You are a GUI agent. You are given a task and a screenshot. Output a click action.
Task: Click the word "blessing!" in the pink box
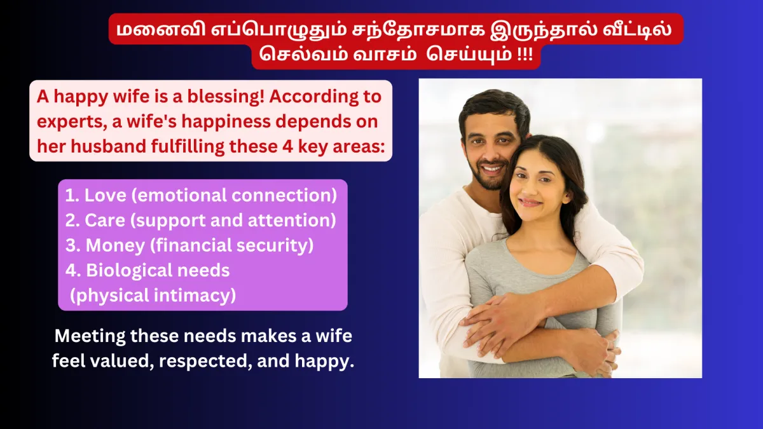coord(226,97)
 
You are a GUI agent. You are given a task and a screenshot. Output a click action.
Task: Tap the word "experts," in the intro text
coord(72,122)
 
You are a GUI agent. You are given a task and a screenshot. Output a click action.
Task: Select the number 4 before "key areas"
coord(287,146)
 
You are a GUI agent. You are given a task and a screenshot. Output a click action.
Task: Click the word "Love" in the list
coord(106,195)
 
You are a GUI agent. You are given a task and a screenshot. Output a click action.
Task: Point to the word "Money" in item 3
coord(115,245)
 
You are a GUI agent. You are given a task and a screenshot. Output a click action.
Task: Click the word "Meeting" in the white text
coord(90,336)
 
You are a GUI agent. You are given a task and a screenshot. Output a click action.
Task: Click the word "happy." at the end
coord(325,361)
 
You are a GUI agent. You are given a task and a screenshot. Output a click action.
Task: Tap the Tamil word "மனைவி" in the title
coord(161,29)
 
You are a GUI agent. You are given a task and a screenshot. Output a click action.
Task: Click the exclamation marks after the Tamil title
coord(525,55)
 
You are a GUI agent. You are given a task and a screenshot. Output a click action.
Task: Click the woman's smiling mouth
coord(530,203)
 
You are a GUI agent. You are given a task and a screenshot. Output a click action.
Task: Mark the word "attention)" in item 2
coord(292,221)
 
